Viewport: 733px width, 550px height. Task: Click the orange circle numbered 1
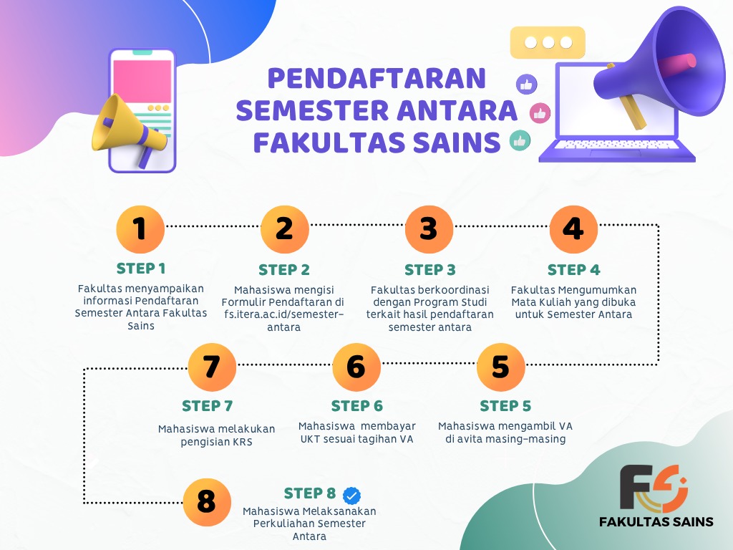(x=140, y=229)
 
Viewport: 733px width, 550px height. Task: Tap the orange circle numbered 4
(x=573, y=229)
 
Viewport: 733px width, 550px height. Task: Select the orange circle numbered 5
(x=500, y=367)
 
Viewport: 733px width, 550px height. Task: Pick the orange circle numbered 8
(x=207, y=502)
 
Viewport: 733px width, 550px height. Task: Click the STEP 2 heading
(x=284, y=270)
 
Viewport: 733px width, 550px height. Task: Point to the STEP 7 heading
(x=207, y=406)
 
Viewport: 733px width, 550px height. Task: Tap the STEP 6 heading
(x=356, y=406)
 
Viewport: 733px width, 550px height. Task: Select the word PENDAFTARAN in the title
(x=377, y=78)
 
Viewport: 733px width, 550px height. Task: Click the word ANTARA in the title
(x=457, y=110)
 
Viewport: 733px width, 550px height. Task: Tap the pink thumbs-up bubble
(x=540, y=113)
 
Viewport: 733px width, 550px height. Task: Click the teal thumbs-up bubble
(x=520, y=140)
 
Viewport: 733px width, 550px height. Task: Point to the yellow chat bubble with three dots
(x=548, y=42)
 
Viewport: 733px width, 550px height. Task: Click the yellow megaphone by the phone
(x=129, y=131)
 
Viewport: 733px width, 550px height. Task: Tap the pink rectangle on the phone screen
(x=142, y=80)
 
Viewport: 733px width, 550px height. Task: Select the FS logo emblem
(x=654, y=488)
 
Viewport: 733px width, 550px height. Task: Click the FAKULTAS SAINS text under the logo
(x=656, y=521)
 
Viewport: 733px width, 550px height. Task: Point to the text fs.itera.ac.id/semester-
(x=283, y=314)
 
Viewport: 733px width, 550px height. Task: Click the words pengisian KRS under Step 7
(x=216, y=442)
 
